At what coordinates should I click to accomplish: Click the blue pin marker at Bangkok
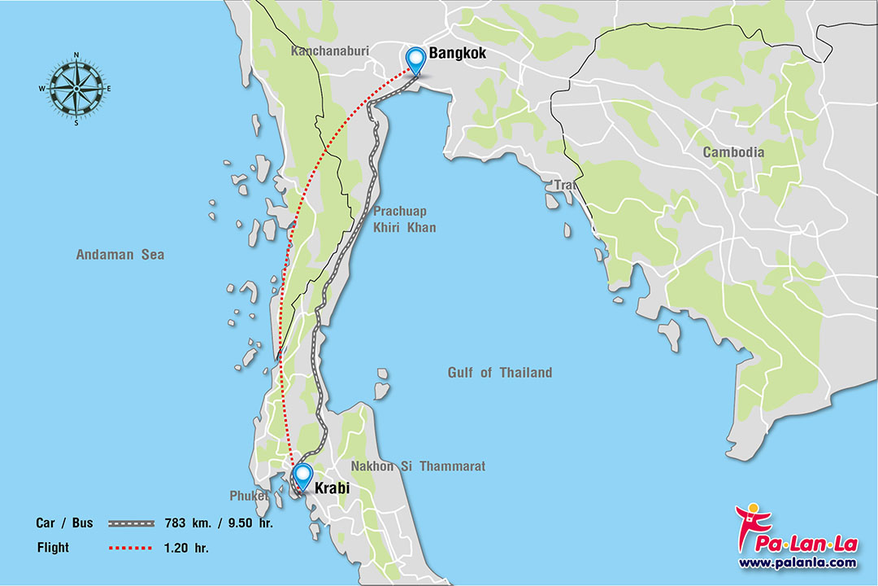415,59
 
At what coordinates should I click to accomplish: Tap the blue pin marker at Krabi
302,475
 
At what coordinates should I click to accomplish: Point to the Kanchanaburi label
330,50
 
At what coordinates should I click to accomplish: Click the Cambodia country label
733,152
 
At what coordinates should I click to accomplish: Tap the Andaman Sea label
120,255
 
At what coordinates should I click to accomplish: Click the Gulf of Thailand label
499,373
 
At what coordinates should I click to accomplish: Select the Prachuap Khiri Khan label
404,219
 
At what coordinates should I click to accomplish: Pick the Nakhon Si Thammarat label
418,466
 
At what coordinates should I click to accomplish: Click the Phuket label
249,496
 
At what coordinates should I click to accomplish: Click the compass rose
76,89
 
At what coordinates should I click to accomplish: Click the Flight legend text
53,548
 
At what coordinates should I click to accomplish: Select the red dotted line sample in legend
130,548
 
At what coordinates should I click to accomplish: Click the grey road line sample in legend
130,523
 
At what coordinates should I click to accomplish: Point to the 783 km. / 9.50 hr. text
219,523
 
